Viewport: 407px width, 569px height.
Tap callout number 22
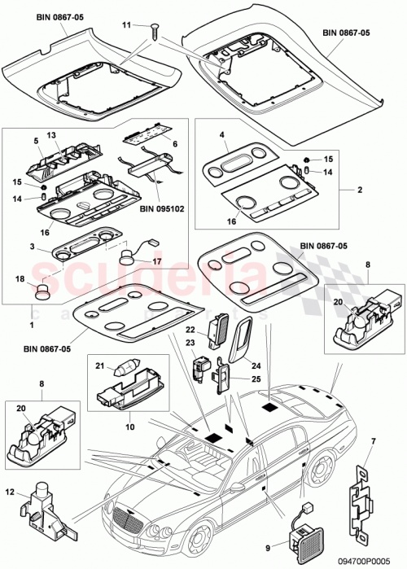pos(190,330)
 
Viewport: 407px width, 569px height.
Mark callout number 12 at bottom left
pos(11,491)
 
